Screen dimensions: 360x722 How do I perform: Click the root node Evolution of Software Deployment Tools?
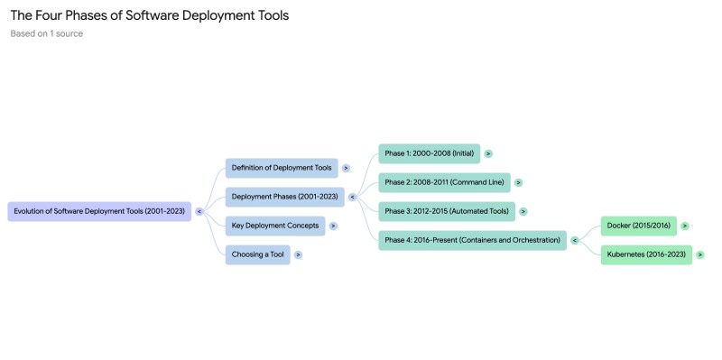tap(99, 211)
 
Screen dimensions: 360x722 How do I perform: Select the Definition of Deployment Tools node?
tap(281, 168)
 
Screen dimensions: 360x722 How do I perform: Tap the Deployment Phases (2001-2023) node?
tap(284, 197)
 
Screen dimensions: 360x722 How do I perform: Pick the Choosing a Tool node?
tap(257, 254)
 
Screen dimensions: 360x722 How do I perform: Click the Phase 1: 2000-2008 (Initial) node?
tap(429, 153)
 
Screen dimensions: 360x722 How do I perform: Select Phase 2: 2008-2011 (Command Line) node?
tap(444, 182)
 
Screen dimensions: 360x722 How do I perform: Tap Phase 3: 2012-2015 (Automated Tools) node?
tap(446, 211)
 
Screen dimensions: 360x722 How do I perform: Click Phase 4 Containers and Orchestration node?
tap(472, 240)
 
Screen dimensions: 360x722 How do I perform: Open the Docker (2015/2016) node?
tap(638, 226)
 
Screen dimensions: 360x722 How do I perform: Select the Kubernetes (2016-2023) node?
tap(646, 254)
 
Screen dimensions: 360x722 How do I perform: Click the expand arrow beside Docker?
tap(685, 226)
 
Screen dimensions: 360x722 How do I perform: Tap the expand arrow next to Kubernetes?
tap(700, 254)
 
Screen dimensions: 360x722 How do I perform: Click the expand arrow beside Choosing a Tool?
tap(298, 254)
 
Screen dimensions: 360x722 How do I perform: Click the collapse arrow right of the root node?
tap(199, 211)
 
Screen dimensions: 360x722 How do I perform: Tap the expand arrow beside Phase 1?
tap(488, 153)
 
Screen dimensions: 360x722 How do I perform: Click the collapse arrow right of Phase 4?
tap(575, 240)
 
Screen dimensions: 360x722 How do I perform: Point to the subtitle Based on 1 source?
tap(47, 34)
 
